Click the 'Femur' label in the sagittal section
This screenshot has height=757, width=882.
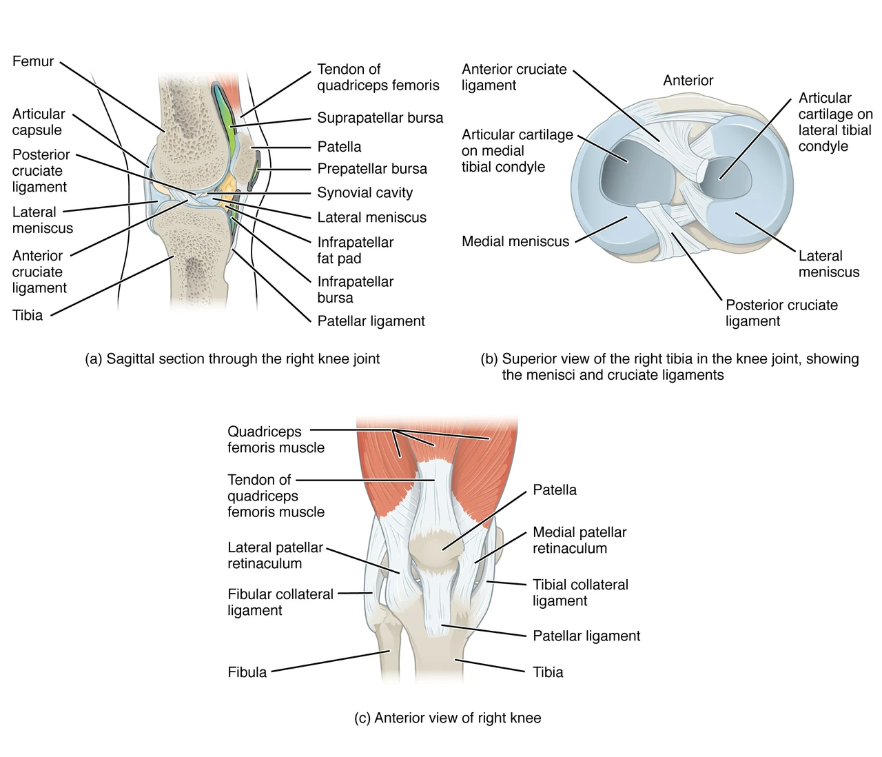pos(33,61)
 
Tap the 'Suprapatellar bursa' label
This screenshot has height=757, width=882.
pos(380,118)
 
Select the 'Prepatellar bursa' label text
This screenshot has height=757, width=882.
pos(371,169)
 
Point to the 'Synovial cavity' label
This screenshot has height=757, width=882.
pos(365,193)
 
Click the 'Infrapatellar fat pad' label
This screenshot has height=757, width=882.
pos(355,250)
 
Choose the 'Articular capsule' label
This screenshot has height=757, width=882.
pos(39,122)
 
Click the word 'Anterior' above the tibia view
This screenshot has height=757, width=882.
pos(688,80)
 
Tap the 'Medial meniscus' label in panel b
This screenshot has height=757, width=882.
pos(515,242)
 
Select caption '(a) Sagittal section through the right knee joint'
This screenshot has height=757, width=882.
pos(232,359)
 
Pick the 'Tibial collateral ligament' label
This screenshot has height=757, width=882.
pos(580,593)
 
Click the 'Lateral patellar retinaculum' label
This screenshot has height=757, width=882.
pos(275,555)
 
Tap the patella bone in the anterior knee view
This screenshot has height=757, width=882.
pos(433,551)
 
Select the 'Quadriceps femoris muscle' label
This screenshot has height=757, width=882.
pos(276,439)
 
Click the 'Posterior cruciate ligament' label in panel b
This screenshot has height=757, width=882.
pos(781,313)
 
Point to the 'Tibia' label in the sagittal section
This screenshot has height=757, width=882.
pos(28,315)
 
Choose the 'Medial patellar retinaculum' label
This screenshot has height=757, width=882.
pos(580,540)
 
